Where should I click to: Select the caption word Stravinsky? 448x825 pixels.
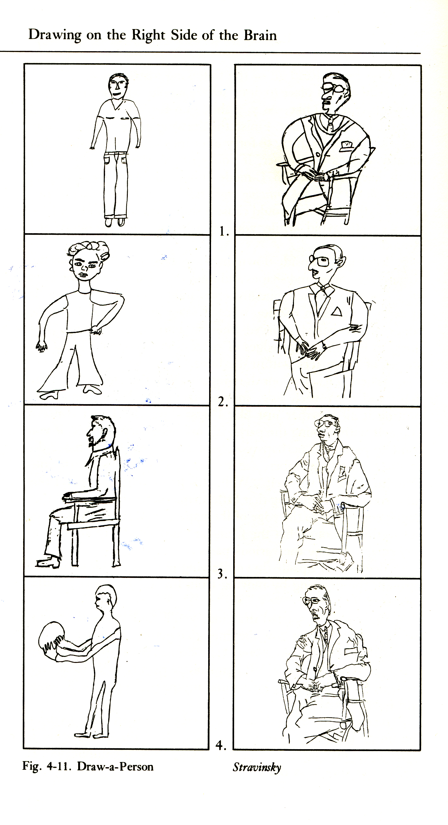click(257, 767)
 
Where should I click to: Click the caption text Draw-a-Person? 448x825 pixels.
click(115, 767)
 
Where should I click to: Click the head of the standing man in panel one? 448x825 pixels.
click(118, 86)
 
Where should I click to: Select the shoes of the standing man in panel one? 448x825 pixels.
click(115, 221)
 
